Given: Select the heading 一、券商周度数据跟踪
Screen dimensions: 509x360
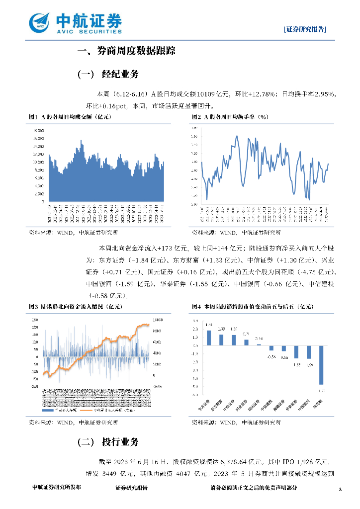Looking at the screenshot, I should point(126,51).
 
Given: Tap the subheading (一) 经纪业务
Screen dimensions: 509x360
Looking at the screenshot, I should point(108,75).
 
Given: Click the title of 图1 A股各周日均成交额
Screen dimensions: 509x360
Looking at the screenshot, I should point(70,117).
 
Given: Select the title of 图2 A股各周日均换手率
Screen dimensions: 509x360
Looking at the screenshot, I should point(230,117).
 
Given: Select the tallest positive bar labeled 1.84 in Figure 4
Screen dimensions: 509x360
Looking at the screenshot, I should point(209,338).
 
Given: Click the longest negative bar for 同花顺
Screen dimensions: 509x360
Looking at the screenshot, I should point(322,364).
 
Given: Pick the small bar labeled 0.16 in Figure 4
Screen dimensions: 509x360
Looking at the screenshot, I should point(259,344).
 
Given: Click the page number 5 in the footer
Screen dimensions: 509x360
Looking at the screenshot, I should point(340,489).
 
